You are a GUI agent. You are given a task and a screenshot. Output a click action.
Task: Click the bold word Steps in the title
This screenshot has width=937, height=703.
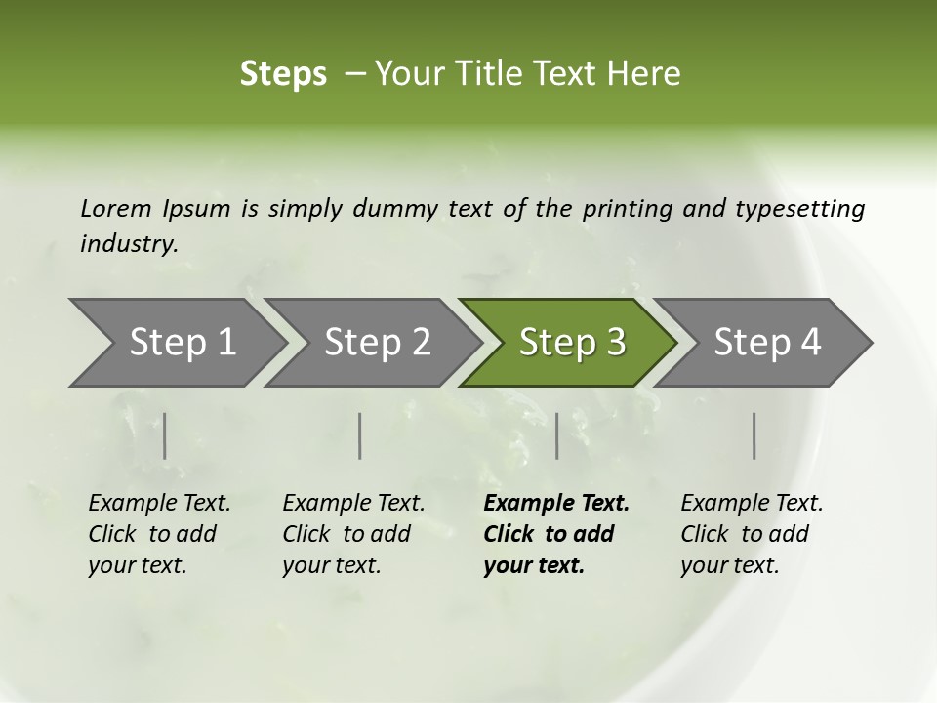pos(283,74)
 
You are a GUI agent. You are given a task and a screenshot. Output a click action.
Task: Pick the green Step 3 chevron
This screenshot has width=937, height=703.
pos(572,343)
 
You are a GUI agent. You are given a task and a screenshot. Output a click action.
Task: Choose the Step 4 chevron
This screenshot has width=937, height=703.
pos(767,343)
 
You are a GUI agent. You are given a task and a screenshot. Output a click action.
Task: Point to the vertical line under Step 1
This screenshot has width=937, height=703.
pos(165,435)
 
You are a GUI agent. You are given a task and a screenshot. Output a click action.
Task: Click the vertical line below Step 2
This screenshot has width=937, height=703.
pos(360,435)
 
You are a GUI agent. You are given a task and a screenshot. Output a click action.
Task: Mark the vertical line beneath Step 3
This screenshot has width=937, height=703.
pos(557,435)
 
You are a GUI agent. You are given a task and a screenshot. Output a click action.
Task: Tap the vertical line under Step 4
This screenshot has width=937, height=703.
pos(754,435)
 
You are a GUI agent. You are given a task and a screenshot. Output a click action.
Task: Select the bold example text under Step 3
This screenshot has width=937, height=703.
pos(556,534)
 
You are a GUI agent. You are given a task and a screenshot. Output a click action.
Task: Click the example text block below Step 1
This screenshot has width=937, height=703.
pos(159,534)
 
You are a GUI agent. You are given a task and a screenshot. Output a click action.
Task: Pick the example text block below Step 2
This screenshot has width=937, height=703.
pos(353,534)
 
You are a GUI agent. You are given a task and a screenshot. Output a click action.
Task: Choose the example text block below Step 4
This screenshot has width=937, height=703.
pos(752,534)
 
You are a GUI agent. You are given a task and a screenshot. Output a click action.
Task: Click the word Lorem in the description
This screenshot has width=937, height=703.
pos(116,208)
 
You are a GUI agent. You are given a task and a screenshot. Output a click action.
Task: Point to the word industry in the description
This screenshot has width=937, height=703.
pos(129,244)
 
